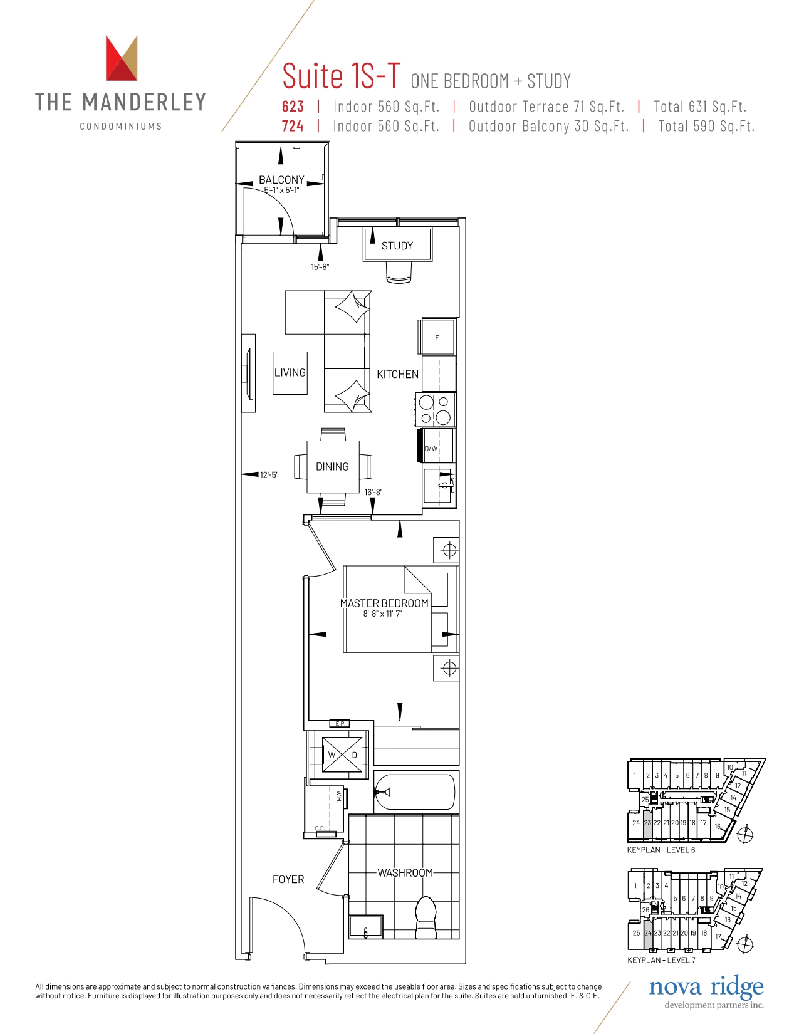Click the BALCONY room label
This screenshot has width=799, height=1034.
(x=281, y=179)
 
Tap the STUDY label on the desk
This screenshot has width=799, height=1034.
(x=397, y=246)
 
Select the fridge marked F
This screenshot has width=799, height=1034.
(x=437, y=337)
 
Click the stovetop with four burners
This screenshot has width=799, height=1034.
(x=436, y=410)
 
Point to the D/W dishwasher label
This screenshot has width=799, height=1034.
(x=431, y=448)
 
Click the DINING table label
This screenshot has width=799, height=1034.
(x=332, y=466)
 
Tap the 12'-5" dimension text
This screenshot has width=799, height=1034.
(x=269, y=474)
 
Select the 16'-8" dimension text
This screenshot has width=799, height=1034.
(x=373, y=492)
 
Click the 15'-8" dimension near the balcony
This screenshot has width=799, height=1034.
(x=320, y=267)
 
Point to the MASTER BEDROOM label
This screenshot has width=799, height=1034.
(x=384, y=603)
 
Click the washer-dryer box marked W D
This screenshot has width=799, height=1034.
(x=343, y=755)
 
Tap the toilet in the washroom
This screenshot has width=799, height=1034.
(x=426, y=918)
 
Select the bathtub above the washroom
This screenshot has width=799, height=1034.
(x=414, y=792)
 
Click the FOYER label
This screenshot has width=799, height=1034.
(x=288, y=879)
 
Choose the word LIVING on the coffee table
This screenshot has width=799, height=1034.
(x=290, y=372)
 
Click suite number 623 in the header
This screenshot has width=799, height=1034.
(x=293, y=106)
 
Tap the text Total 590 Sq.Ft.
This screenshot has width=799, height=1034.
(x=706, y=126)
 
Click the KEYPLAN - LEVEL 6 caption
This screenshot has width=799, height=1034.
(x=661, y=850)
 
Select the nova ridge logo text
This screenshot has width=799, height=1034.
(x=706, y=988)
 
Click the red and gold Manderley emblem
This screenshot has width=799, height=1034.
(x=122, y=58)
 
